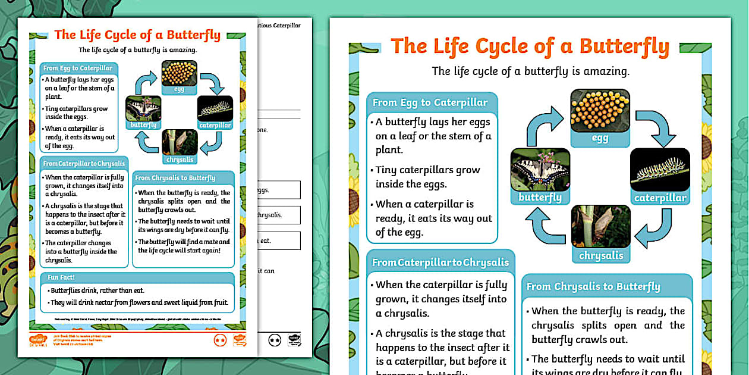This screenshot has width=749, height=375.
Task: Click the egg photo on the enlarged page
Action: pyautogui.click(x=600, y=111)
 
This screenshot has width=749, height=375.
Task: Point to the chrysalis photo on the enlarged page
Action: pyautogui.click(x=600, y=227)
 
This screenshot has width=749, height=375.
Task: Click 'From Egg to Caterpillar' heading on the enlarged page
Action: pyautogui.click(x=430, y=102)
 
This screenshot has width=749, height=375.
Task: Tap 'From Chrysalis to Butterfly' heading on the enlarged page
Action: pyautogui.click(x=593, y=286)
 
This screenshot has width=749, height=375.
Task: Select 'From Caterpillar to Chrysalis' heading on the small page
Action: pyautogui.click(x=84, y=164)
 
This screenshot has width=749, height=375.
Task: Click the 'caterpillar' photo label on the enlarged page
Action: pyautogui.click(x=660, y=198)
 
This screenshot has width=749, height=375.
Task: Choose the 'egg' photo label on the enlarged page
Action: pyautogui.click(x=600, y=139)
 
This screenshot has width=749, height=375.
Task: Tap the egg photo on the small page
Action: pyautogui.click(x=179, y=73)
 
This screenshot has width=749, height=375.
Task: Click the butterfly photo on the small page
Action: pyautogui.click(x=143, y=108)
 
